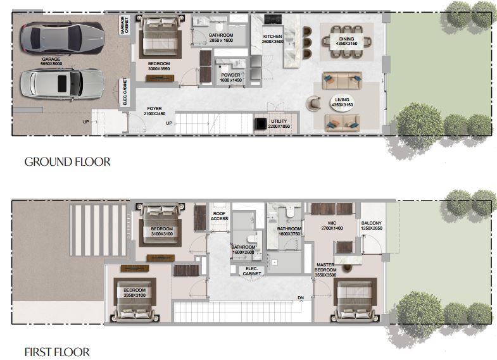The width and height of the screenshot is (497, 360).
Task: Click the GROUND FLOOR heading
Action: click(68, 162)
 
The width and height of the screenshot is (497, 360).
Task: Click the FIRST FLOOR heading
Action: click(57, 352)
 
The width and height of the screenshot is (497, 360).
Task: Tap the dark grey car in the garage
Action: click(62, 38)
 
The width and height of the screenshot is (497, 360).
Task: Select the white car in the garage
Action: click(62, 84)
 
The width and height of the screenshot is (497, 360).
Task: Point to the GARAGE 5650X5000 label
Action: click(51, 61)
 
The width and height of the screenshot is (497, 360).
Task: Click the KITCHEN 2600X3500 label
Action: click(273, 39)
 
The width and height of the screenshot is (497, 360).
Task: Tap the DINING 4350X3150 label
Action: click(346, 41)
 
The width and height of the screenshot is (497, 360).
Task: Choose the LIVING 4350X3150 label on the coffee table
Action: click(342, 102)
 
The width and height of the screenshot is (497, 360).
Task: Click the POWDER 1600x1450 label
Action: click(230, 78)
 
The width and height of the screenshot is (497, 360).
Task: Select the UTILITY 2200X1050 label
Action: click(279, 124)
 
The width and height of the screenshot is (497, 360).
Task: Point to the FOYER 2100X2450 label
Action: click(154, 111)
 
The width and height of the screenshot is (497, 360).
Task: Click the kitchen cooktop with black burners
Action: click(273, 20)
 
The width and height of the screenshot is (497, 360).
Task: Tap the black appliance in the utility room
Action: click(261, 123)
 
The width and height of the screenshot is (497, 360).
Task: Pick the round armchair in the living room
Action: click(313, 103)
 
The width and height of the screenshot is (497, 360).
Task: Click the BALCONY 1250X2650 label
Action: click(372, 225)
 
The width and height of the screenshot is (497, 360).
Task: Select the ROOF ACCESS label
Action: click(219, 216)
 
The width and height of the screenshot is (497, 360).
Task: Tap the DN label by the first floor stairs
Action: click(301, 298)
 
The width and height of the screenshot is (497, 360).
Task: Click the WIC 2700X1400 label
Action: click(332, 225)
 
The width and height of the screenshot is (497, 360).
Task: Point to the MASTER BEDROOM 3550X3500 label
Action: click(325, 270)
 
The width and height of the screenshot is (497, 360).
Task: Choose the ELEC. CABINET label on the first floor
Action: click(252, 271)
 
